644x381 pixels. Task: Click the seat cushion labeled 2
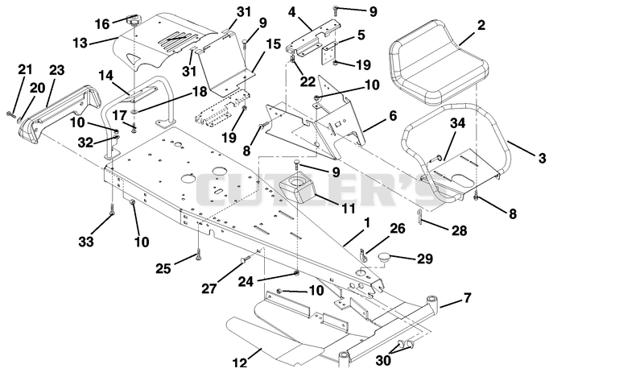tap(438, 62)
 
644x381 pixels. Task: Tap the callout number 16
tap(102, 24)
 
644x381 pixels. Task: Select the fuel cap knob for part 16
tap(134, 19)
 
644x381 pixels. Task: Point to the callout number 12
tap(240, 363)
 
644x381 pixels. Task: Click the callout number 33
tap(86, 242)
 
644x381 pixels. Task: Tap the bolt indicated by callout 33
tap(112, 209)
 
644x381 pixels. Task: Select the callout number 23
tap(56, 70)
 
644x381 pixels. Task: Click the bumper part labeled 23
tap(60, 112)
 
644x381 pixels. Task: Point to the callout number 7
tap(468, 297)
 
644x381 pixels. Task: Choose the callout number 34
tap(458, 123)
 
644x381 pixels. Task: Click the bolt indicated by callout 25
tap(198, 255)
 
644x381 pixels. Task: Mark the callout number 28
tap(459, 230)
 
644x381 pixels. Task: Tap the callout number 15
tap(273, 44)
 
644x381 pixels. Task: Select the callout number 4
tap(291, 12)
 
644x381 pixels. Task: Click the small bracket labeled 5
tap(330, 53)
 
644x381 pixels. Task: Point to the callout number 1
tap(368, 223)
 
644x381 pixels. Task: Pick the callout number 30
tap(383, 360)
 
